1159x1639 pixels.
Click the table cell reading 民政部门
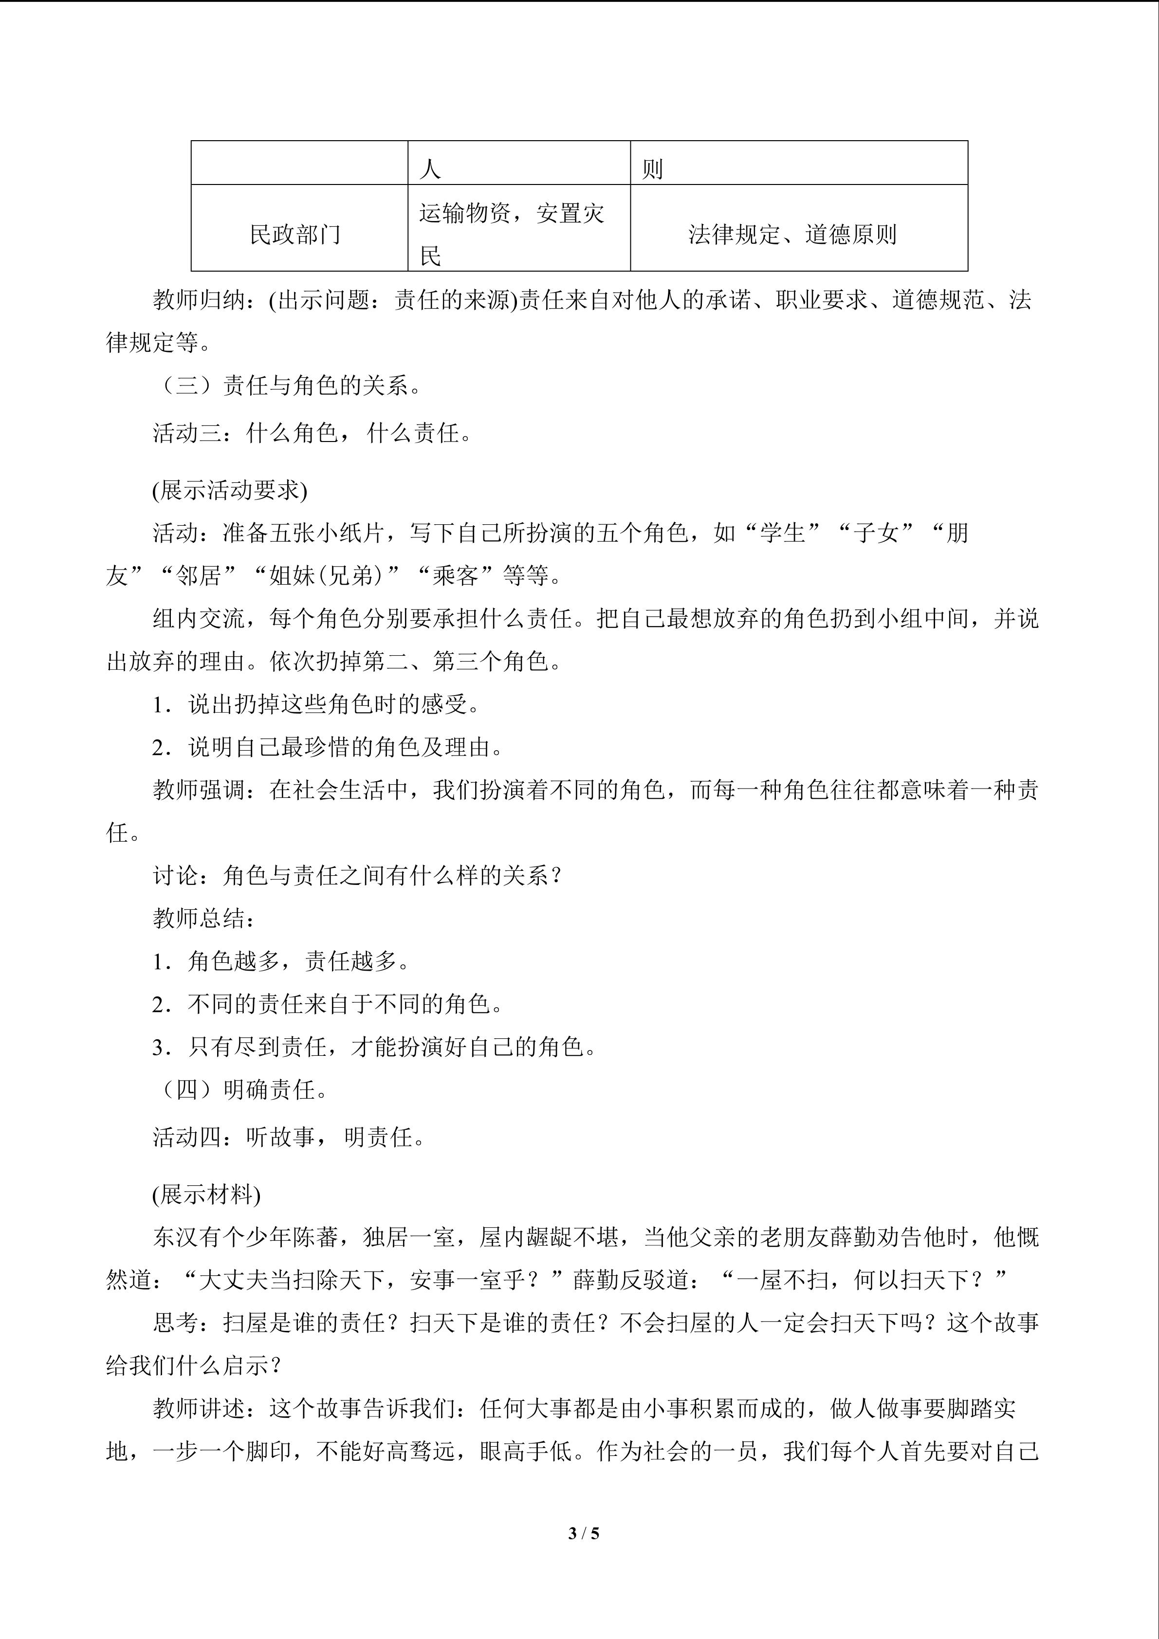click(295, 234)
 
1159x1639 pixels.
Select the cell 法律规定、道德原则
click(792, 234)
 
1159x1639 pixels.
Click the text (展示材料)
click(206, 1194)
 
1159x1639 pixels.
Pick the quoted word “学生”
click(782, 533)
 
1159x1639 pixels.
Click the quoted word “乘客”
click(455, 575)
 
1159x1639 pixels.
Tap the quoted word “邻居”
click(199, 575)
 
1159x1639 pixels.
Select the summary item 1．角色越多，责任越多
click(281, 961)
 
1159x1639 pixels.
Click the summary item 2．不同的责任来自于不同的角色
click(328, 1004)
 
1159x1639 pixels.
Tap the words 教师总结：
click(204, 918)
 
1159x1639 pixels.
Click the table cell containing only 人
click(430, 169)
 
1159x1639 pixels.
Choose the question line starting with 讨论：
click(357, 875)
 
